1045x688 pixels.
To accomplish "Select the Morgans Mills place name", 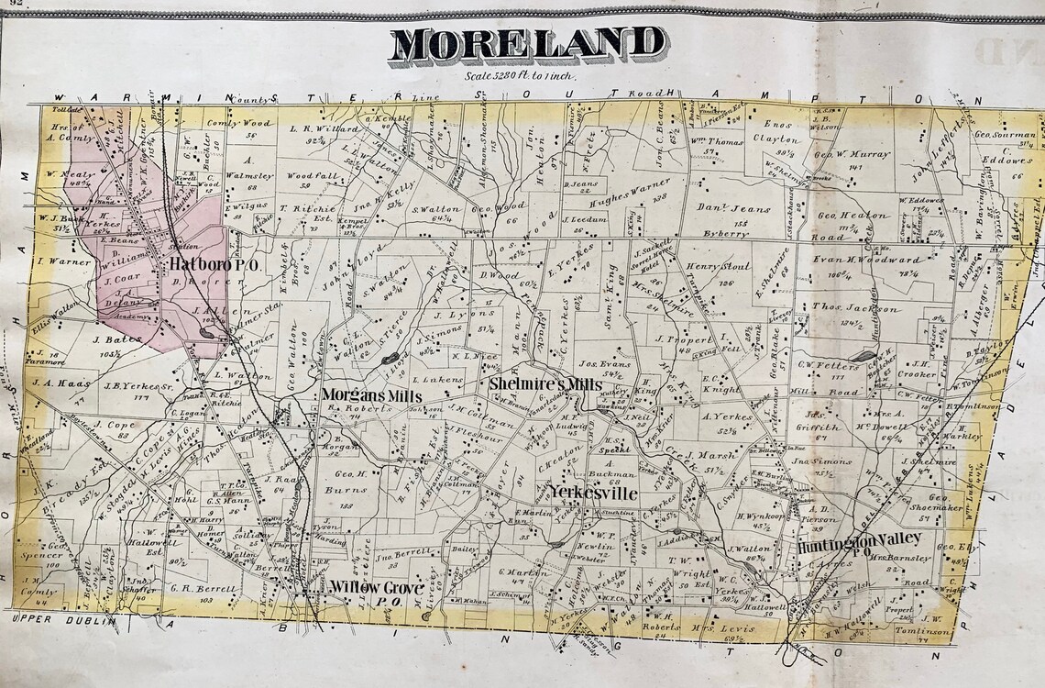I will (370, 395).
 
